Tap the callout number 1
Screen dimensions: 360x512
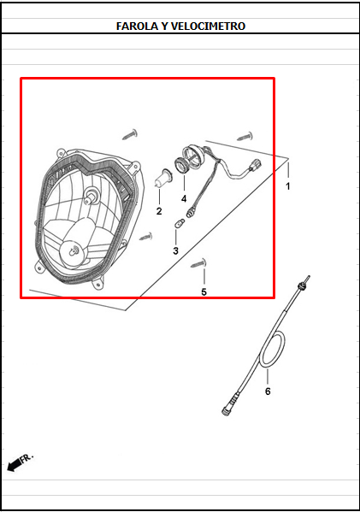pos(288,186)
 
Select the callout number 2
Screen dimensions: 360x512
pos(159,211)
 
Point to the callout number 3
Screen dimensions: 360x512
pos(176,250)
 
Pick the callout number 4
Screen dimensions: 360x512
pos(184,198)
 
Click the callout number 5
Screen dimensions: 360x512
pos(204,292)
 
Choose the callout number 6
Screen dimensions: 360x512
pos(268,391)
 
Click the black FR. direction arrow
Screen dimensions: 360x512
pos(14,465)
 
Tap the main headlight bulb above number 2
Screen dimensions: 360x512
pos(162,179)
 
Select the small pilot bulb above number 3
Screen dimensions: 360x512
pos(180,224)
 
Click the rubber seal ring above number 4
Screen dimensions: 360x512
pos(181,165)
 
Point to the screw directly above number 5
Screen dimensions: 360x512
pos(198,263)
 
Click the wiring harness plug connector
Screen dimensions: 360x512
pos(255,166)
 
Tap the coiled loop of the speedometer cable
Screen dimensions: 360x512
pos(274,349)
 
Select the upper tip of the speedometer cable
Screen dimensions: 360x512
pos(308,278)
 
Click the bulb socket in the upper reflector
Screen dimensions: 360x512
pos(91,195)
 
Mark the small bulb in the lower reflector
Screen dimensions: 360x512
pos(74,250)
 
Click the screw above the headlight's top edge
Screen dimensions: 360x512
pos(130,134)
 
